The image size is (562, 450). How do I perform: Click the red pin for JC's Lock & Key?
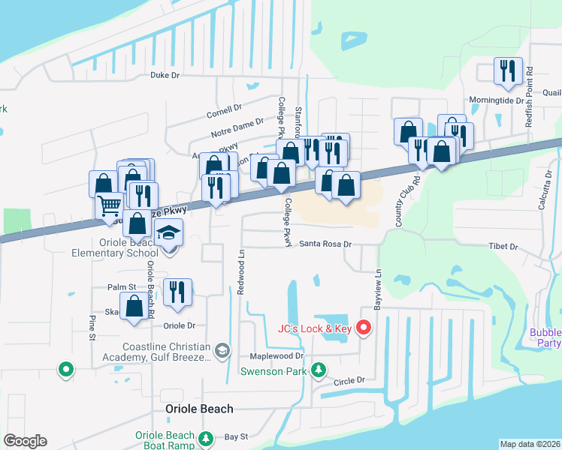click(364, 328)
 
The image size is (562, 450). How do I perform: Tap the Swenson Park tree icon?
click(319, 370)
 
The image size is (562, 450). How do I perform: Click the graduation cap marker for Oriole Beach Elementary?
click(169, 234)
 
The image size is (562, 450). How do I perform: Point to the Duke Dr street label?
click(165, 75)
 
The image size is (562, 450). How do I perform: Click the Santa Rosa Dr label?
click(325, 244)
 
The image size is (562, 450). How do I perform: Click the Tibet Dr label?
click(503, 247)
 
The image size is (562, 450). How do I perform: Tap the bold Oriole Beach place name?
click(199, 409)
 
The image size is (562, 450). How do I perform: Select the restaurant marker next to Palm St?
click(177, 291)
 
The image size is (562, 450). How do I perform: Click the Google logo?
click(25, 441)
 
